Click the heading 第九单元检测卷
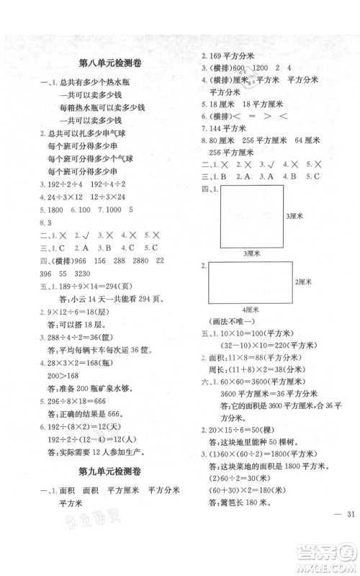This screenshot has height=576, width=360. click(107, 493)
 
